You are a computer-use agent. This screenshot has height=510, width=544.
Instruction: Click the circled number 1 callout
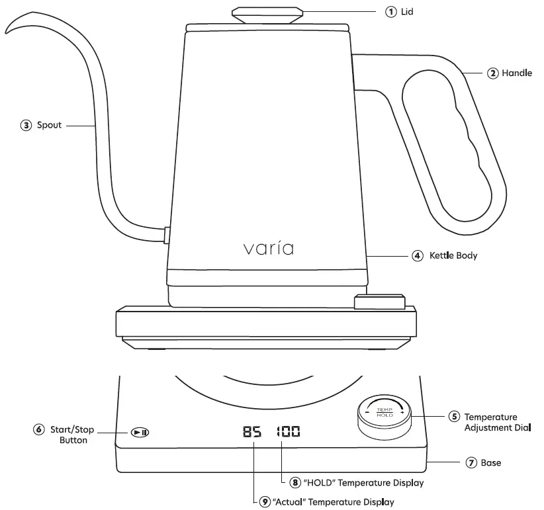(391, 12)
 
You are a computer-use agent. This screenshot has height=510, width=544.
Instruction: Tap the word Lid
(407, 12)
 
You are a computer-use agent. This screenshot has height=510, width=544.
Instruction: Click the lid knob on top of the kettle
(268, 13)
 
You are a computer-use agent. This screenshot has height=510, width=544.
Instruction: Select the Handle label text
(517, 73)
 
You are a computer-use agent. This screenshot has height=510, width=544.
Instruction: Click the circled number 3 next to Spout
(26, 125)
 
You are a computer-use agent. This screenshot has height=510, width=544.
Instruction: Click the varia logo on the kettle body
(268, 249)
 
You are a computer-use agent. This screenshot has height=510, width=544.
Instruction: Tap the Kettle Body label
(453, 255)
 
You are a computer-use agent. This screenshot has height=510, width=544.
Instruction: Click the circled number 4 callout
(417, 255)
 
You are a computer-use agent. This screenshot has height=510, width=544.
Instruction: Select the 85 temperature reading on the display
(252, 433)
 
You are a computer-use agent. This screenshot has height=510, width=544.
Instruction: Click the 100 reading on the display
(288, 433)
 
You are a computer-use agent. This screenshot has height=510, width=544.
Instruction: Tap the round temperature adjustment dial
(385, 414)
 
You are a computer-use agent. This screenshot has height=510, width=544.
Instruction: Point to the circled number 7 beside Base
(471, 463)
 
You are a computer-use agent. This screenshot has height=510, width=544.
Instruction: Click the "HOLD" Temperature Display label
(363, 484)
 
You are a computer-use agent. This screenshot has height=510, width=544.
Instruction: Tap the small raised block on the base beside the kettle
(379, 302)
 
